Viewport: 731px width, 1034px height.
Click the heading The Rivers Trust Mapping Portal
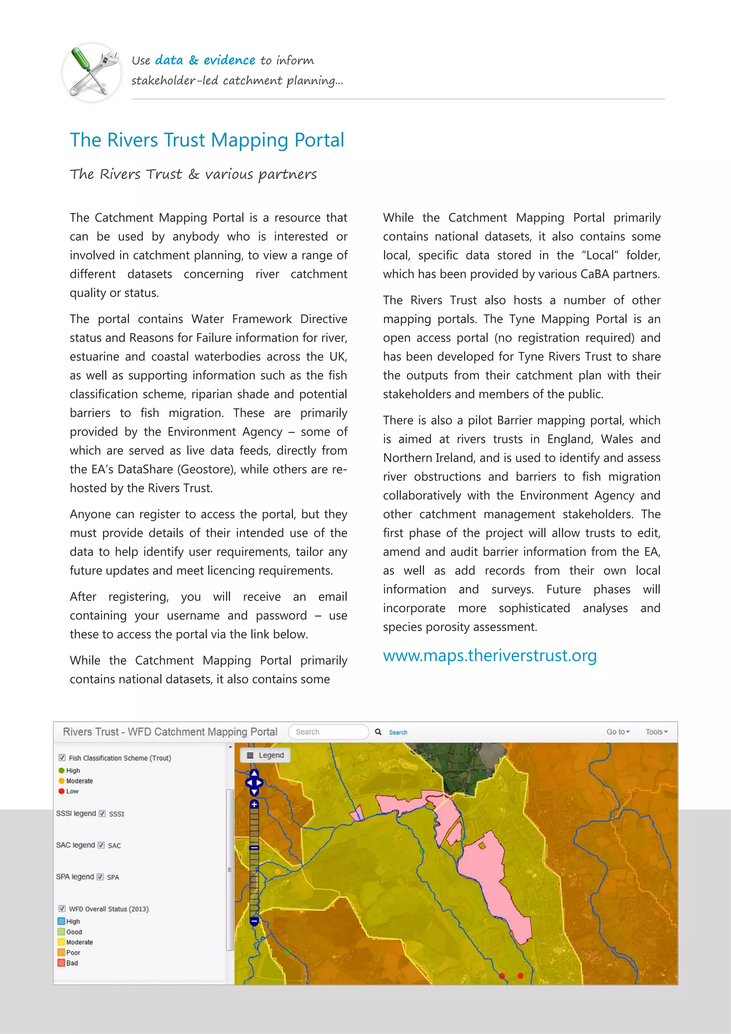point(207,140)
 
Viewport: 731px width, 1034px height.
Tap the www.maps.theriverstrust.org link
point(490,655)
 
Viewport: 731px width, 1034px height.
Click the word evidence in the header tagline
point(229,60)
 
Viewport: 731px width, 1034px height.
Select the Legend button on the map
point(265,755)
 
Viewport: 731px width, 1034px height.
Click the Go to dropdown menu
point(617,732)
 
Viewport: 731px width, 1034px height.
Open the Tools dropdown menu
point(656,732)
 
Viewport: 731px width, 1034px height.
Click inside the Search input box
point(328,732)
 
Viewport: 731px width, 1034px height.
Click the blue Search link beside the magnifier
point(398,732)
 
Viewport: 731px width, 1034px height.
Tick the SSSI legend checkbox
point(102,813)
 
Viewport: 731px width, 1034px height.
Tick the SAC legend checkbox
point(101,845)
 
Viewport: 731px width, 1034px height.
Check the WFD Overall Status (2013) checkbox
point(62,908)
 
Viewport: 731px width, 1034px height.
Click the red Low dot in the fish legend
point(62,791)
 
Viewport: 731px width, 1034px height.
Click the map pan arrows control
point(254,783)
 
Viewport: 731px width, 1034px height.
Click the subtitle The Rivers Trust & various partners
point(193,174)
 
